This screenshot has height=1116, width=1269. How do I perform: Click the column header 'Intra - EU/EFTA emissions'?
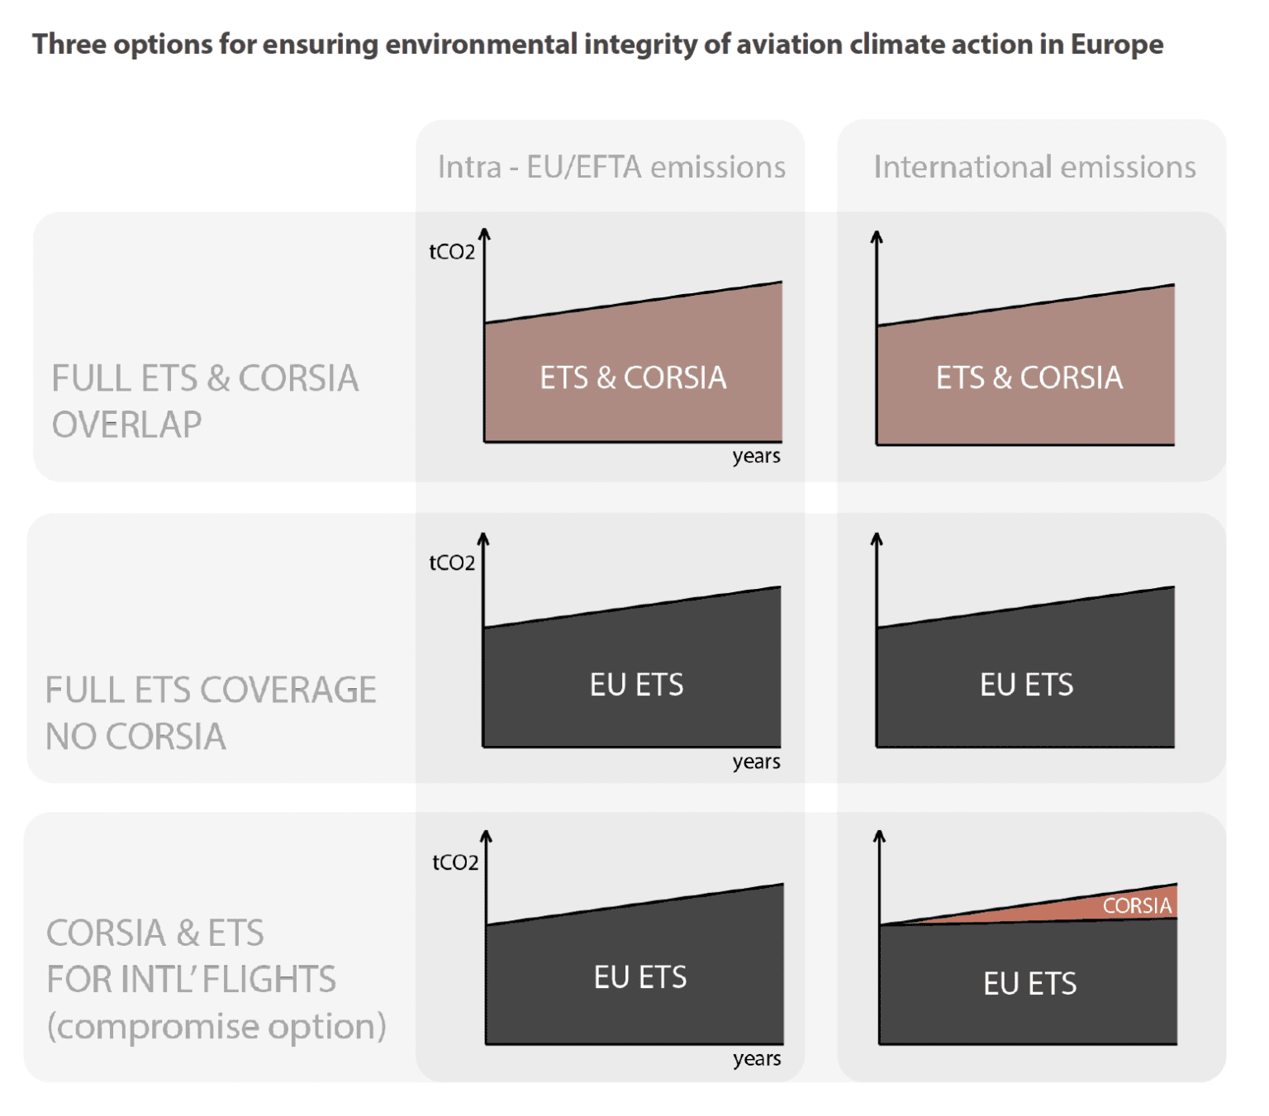[611, 167]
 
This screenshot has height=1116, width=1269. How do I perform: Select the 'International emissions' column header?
[1034, 167]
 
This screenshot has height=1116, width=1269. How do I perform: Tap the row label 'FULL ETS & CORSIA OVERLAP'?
[205, 401]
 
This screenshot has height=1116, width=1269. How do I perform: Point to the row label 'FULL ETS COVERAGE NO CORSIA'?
[211, 713]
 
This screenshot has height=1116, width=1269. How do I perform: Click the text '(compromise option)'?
[216, 1026]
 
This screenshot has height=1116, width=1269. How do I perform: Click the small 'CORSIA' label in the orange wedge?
[1137, 905]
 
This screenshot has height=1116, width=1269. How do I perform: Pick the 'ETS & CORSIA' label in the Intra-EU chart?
[633, 378]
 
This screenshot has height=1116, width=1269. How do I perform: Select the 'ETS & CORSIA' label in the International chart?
[1029, 378]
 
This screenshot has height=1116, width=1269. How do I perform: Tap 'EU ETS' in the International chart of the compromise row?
[1029, 983]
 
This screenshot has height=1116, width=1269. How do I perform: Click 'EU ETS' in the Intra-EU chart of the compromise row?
[640, 977]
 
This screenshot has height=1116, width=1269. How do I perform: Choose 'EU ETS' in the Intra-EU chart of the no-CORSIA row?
[636, 685]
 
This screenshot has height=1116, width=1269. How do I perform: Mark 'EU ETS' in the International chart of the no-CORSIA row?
[1026, 685]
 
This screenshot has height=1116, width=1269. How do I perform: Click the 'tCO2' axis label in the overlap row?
[452, 252]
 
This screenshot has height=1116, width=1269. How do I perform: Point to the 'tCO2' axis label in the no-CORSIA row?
[452, 563]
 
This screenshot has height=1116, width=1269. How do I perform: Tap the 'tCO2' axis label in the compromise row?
[455, 862]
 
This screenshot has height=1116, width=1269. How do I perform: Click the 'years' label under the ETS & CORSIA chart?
[756, 456]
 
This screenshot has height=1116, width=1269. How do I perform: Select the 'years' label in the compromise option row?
[757, 1058]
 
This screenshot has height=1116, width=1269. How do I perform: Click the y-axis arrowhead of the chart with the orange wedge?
[879, 836]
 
